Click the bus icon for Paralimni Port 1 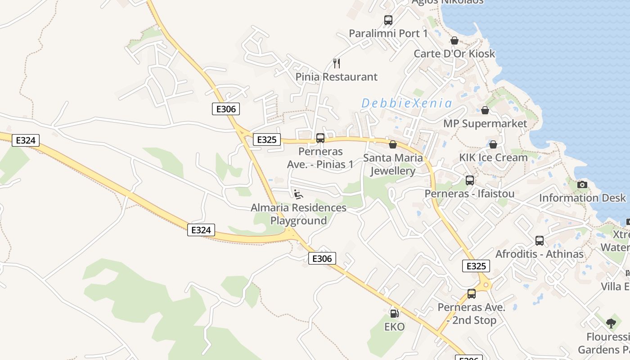tap(388, 20)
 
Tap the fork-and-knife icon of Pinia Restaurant tap(337, 63)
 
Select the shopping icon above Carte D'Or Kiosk tap(454, 40)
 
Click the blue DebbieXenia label tap(407, 103)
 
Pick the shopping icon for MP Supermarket tap(485, 110)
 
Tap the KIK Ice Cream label tap(493, 157)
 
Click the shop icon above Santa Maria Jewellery tap(393, 144)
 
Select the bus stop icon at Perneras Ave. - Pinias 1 tap(320, 138)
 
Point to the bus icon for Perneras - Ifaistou tap(470, 180)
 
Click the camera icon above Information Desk tap(582, 184)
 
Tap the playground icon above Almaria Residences tap(298, 194)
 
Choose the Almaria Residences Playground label tap(298, 214)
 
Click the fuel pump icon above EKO tap(394, 313)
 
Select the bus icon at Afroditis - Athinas tap(540, 241)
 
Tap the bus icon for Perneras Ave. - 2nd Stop tap(472, 294)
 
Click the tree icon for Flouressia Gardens tap(611, 323)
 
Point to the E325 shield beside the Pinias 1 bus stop tap(266, 139)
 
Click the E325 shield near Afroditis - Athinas tap(476, 266)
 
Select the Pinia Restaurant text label tap(337, 77)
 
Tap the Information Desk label tap(582, 198)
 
